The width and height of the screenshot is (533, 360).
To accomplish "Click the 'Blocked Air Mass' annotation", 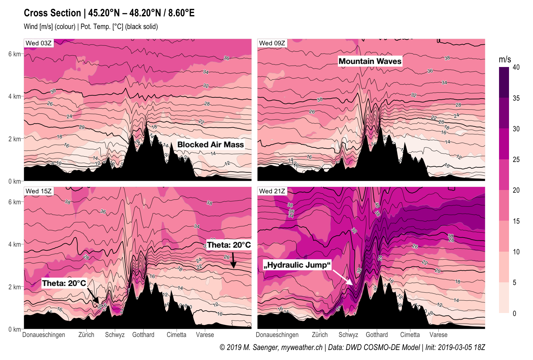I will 210,145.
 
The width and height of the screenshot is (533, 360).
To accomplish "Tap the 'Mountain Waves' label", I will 370,61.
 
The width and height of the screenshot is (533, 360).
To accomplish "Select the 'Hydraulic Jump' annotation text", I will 297,265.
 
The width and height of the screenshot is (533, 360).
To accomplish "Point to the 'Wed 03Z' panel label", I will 39,43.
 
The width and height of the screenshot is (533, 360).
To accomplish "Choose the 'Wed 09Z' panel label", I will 272,43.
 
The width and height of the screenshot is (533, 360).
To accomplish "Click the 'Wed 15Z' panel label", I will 39,191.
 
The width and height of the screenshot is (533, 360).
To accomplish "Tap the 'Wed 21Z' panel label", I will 272,191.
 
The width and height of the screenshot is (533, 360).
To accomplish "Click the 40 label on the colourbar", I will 516,67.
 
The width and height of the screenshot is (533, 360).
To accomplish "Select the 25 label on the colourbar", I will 516,160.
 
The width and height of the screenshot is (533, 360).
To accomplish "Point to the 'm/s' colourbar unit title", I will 505,60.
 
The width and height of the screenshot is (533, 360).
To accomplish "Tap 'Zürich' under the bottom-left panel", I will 86,335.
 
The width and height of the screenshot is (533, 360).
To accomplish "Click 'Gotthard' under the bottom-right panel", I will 377,335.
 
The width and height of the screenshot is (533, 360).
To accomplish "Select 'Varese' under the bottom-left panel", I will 205,335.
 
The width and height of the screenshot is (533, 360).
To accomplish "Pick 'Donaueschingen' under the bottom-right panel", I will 277,335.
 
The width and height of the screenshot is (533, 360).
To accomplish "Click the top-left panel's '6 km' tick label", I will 14,54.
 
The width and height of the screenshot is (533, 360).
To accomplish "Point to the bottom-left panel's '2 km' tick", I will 14,287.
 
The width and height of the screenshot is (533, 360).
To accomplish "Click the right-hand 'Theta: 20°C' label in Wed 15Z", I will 229,245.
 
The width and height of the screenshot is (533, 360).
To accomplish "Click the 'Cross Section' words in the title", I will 52,13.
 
